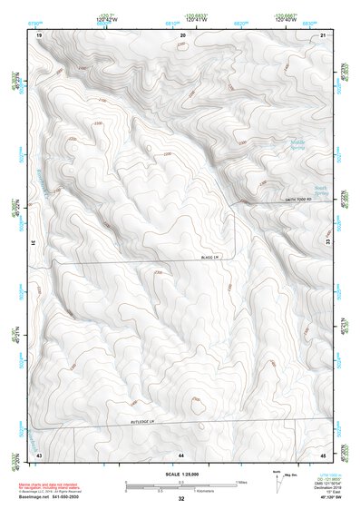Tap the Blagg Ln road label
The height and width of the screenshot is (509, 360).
coord(212,259)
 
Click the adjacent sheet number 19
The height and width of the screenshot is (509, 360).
coord(39,34)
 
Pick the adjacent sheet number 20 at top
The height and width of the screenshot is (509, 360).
coord(183,34)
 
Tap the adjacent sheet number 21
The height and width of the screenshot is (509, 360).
coord(324,34)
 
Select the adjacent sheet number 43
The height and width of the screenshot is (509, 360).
coord(39,454)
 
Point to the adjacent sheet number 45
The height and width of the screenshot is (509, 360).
coord(324,454)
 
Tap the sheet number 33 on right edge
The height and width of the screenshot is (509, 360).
coord(330,243)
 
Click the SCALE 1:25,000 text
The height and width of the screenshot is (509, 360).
coord(180,474)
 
